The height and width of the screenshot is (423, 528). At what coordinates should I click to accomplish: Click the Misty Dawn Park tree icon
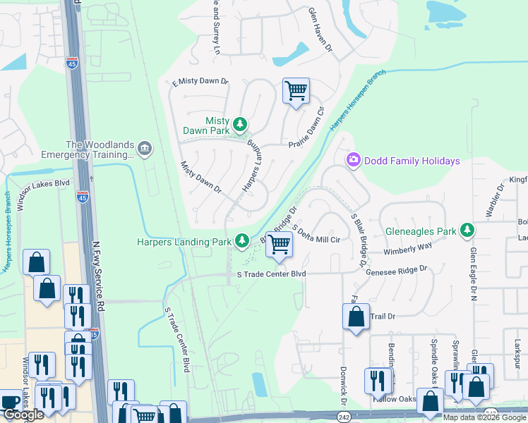coord(241,125)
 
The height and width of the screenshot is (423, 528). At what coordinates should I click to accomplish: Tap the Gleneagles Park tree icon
coord(467,230)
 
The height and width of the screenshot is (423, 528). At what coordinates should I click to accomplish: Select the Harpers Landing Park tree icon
coord(242,242)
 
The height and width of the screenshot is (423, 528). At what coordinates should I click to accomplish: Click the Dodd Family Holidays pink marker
coord(353,161)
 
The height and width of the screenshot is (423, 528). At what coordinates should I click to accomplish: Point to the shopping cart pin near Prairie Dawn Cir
coord(296,91)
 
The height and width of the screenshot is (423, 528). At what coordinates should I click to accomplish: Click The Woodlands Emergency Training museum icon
coord(144,148)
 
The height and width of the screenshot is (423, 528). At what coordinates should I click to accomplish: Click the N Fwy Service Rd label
coord(100,275)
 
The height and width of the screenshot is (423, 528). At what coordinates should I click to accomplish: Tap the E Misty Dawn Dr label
coord(200,82)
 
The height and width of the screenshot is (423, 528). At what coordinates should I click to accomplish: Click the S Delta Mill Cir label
coord(316,235)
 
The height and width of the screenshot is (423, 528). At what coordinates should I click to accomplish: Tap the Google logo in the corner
coord(23,415)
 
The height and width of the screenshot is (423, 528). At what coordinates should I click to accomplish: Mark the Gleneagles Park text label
coord(422,231)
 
